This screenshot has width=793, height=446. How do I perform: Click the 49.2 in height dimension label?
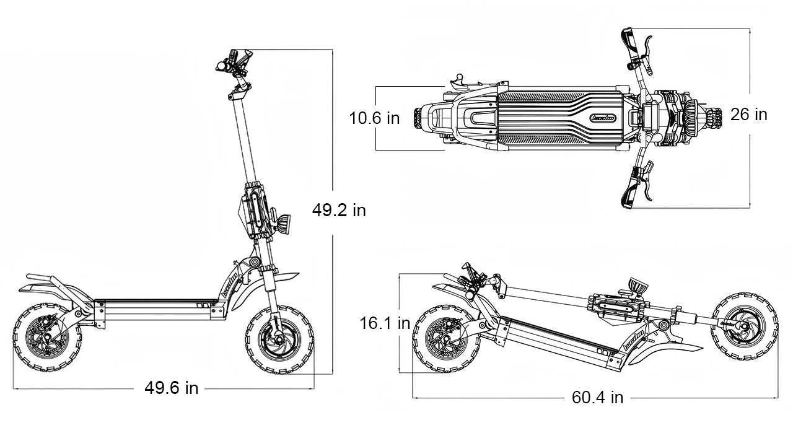click(338, 211)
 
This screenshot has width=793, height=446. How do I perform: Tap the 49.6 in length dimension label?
click(172, 388)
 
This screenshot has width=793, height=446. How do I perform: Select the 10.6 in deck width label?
click(374, 118)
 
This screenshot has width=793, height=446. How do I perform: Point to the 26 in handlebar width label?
click(748, 115)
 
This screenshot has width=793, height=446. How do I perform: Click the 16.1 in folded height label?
click(385, 323)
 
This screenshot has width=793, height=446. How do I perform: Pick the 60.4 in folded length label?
click(597, 397)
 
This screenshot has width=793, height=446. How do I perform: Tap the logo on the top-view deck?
click(603, 117)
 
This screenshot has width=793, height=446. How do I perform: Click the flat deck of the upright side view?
click(158, 304)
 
